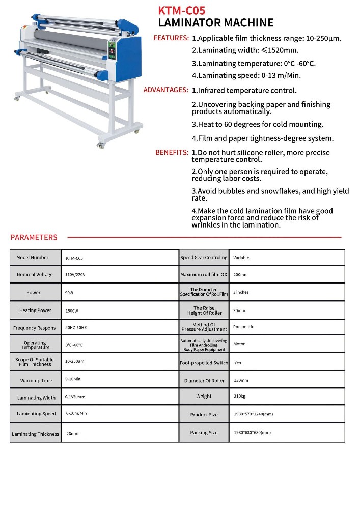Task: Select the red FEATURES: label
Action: pyautogui.click(x=171, y=38)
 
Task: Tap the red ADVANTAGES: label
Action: pyautogui.click(x=165, y=90)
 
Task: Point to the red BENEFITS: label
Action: pyautogui.click(x=172, y=152)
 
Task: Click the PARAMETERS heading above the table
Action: pyautogui.click(x=34, y=237)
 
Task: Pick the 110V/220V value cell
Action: pyautogui.click(x=75, y=275)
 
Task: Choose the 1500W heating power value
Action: pyautogui.click(x=72, y=310)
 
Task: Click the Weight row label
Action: pyautogui.click(x=204, y=397)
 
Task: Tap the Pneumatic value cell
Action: pyautogui.click(x=243, y=327)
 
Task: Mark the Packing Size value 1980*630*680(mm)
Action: pyautogui.click(x=252, y=433)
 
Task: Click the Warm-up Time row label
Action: pyautogui.click(x=36, y=381)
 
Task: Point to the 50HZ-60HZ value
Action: pyautogui.click(x=76, y=327)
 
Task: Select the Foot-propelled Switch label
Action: pyautogui.click(x=204, y=363)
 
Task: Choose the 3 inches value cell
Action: pyautogui.click(x=241, y=292)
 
